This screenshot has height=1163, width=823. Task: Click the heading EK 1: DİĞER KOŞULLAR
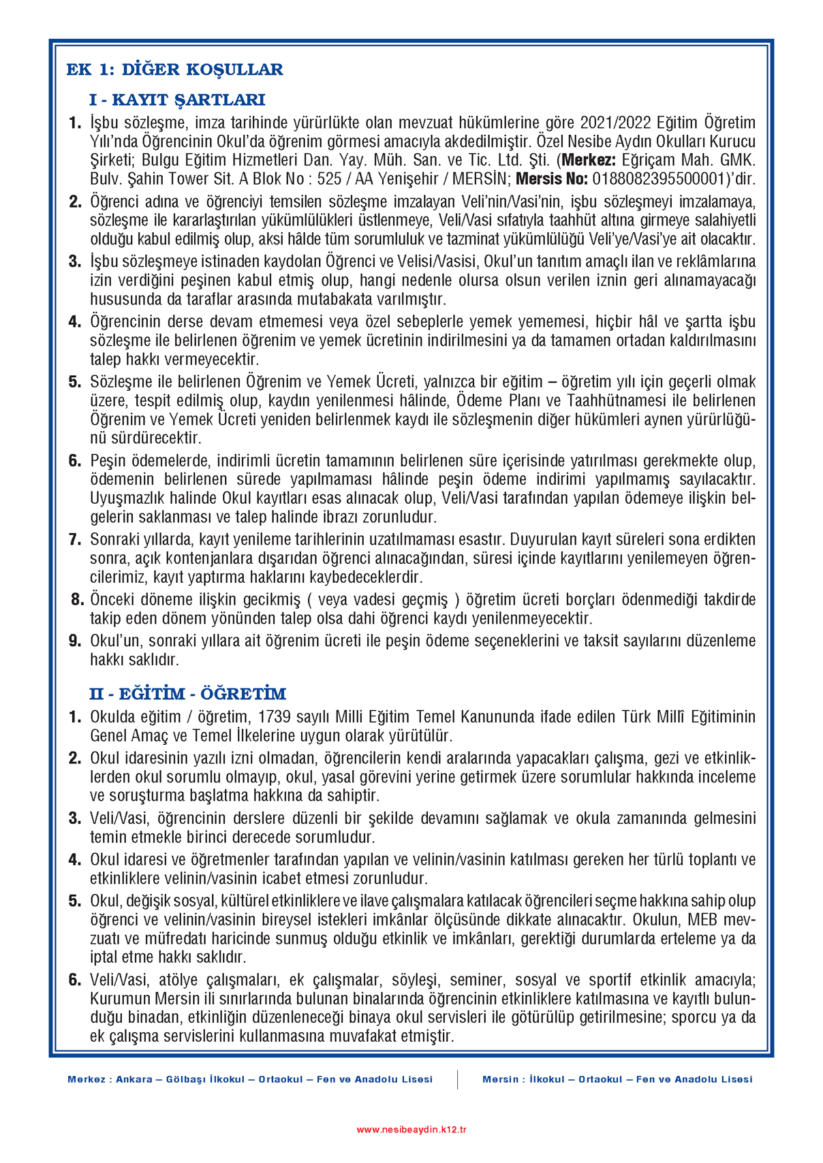(x=174, y=69)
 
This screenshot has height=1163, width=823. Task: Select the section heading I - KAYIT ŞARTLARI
(x=176, y=100)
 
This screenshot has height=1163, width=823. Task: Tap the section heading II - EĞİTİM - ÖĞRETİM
(x=187, y=694)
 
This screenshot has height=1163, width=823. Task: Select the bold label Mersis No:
(x=551, y=180)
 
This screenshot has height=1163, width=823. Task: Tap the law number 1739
(x=275, y=717)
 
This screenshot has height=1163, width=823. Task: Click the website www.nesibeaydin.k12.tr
(x=411, y=1130)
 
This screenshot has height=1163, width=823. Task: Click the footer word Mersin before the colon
(x=500, y=1079)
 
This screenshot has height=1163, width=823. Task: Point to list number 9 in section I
(x=75, y=641)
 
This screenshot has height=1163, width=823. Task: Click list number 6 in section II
(x=75, y=980)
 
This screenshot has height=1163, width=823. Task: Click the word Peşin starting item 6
(x=108, y=461)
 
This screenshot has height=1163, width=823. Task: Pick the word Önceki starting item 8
(x=112, y=600)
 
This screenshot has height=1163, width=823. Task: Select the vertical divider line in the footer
(x=457, y=1079)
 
